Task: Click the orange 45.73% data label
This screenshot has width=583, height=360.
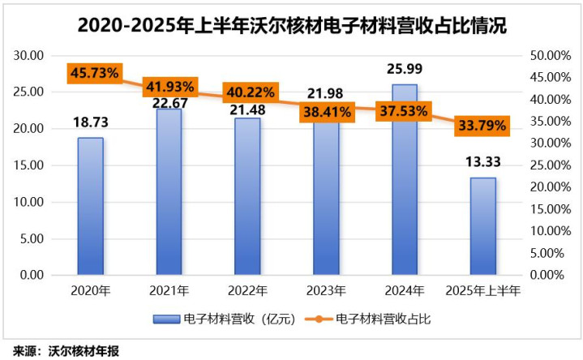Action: (x=94, y=74)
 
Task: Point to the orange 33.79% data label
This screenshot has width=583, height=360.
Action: (x=482, y=126)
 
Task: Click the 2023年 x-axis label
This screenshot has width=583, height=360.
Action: (x=326, y=289)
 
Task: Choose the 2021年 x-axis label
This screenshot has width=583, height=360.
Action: (x=169, y=289)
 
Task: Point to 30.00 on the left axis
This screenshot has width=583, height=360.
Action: (x=29, y=56)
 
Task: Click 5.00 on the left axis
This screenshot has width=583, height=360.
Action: (x=32, y=238)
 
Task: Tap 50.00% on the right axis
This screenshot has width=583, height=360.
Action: (x=545, y=56)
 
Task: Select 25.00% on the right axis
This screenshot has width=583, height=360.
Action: (x=545, y=165)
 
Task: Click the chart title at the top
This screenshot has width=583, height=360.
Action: (x=292, y=24)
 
